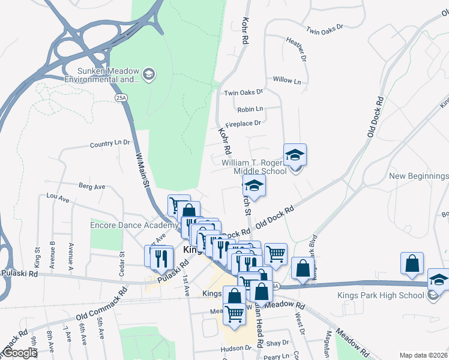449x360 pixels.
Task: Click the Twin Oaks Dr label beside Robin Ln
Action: (x=243, y=92)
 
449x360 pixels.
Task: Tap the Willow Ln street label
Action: (x=287, y=80)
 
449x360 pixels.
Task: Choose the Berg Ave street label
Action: (x=91, y=187)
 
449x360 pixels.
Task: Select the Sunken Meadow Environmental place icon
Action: (x=148, y=74)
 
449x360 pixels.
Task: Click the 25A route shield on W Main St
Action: (x=121, y=97)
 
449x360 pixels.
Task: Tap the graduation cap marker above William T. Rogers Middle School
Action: (x=295, y=155)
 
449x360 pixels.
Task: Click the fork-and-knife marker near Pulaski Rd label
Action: (x=161, y=256)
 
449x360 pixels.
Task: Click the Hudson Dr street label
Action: (x=235, y=348)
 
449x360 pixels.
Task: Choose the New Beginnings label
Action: (x=418, y=176)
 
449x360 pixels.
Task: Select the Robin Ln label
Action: (x=250, y=109)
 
